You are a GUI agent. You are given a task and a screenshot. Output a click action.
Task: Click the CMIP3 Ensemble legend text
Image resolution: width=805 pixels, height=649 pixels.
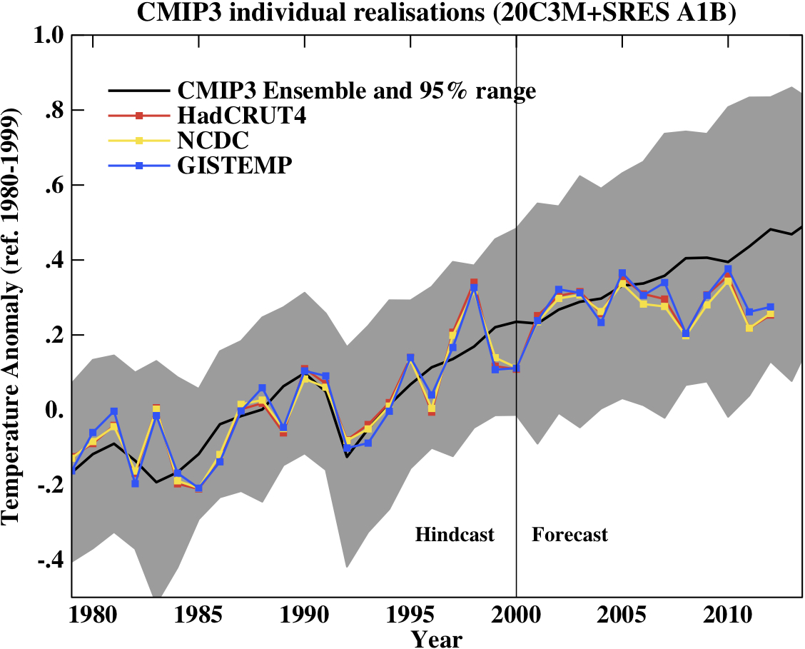coord(356,91)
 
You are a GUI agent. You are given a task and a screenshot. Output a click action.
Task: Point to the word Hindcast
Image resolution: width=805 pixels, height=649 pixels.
coord(455,535)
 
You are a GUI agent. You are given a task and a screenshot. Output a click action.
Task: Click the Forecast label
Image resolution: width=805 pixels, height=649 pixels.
coord(569,535)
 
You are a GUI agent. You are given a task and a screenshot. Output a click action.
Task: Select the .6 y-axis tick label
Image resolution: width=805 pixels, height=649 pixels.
coord(55,186)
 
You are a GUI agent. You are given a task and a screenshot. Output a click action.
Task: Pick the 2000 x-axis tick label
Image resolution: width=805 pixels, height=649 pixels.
coord(515,615)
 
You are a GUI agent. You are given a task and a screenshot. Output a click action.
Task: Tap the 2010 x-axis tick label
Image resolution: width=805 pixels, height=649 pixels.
coord(721,615)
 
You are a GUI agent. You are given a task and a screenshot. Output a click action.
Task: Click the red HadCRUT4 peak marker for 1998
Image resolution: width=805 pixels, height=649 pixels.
coord(474,283)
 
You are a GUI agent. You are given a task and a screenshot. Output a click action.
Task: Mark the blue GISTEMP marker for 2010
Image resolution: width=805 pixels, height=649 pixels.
coord(728,269)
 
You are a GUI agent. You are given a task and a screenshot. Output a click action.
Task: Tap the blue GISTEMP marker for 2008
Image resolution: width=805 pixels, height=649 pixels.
coord(686,333)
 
